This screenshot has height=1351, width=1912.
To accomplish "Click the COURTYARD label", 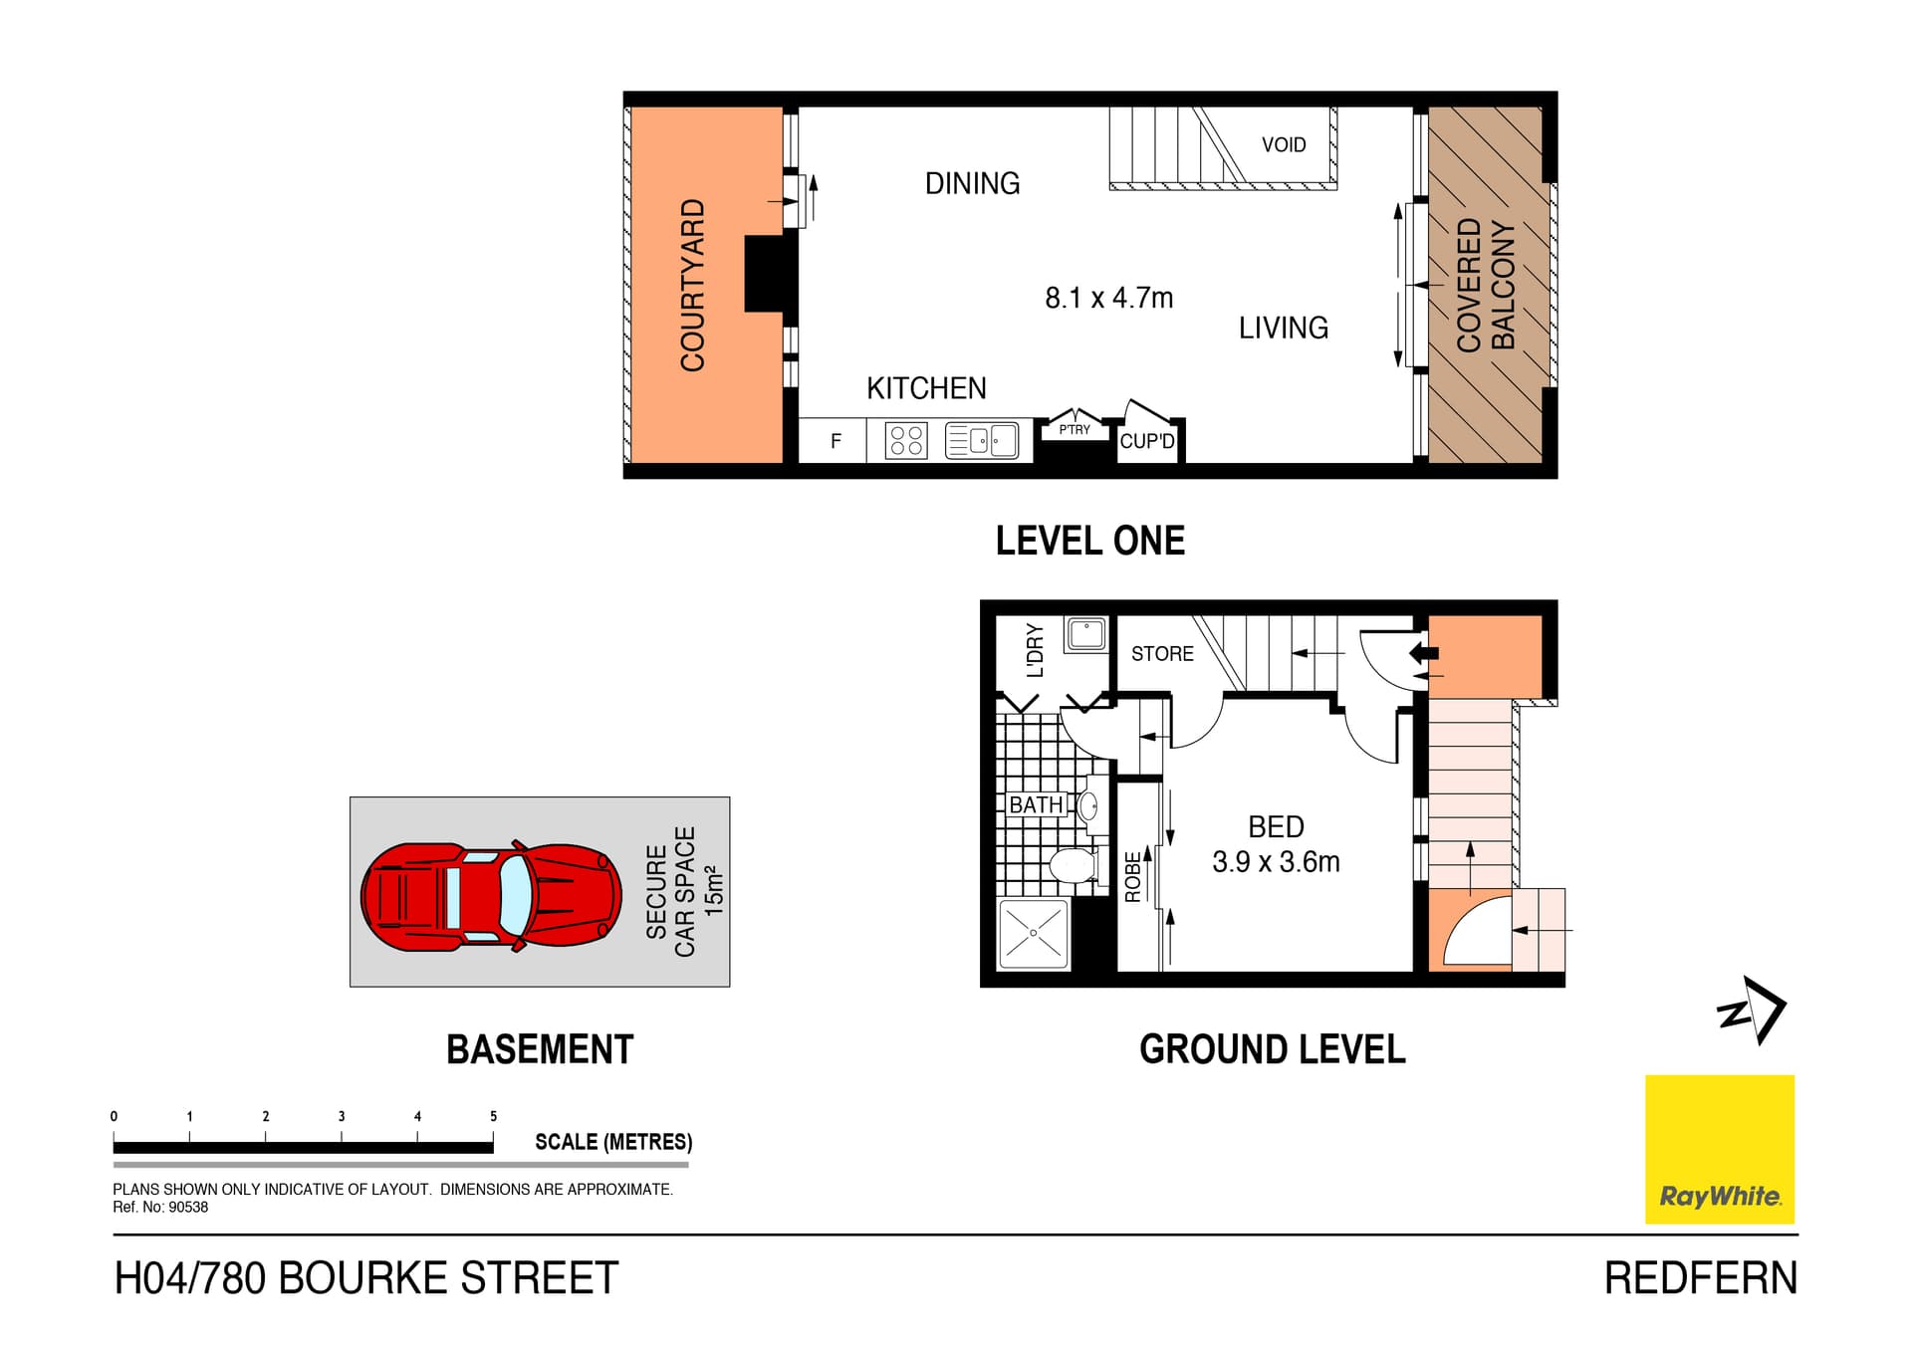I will click(x=692, y=285).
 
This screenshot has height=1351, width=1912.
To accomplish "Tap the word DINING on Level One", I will click(x=972, y=183).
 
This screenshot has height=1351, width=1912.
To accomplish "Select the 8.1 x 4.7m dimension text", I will click(x=1108, y=298).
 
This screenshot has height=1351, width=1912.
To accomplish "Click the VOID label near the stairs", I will click(x=1283, y=145).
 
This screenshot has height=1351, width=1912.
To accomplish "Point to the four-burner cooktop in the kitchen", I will click(x=906, y=440).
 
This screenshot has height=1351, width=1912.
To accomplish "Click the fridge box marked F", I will click(x=836, y=440).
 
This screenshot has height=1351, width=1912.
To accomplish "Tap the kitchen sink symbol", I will click(x=982, y=440).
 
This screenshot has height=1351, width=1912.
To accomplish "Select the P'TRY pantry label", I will click(x=1074, y=430).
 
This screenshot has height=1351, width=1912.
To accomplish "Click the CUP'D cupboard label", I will click(x=1146, y=441).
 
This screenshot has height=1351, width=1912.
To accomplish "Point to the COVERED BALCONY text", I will click(x=1485, y=285).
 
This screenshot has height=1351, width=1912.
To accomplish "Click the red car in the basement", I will click(x=491, y=896).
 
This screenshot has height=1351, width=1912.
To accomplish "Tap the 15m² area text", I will click(x=714, y=890).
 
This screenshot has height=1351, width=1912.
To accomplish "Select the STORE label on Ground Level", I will click(x=1162, y=654).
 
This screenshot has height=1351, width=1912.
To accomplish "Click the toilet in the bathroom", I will click(x=1073, y=865).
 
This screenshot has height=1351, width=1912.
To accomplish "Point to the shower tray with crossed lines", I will click(x=1033, y=934).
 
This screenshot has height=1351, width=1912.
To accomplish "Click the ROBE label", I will click(x=1132, y=877).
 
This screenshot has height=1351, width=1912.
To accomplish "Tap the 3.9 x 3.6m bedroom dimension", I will click(x=1276, y=862).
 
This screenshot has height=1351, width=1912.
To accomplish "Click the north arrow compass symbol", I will click(x=1752, y=1010).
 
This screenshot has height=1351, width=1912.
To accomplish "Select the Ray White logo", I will click(x=1719, y=1149).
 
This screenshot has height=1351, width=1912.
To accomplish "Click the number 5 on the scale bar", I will click(x=493, y=1116).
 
